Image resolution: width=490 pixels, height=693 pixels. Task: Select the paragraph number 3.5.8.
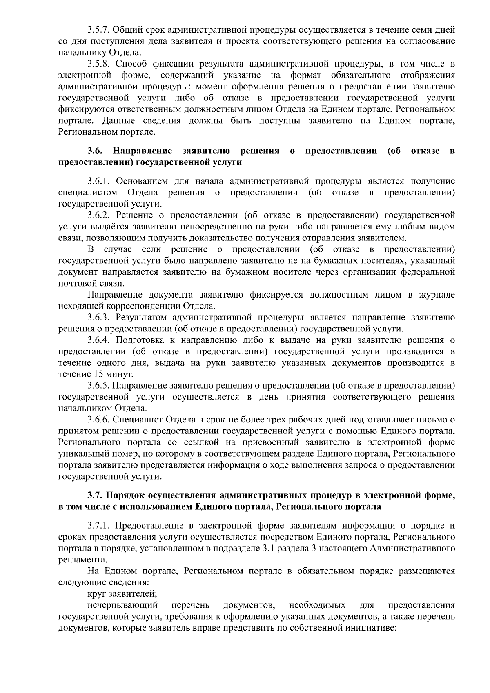tap(98, 64)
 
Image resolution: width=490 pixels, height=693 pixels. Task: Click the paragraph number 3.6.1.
tap(98, 181)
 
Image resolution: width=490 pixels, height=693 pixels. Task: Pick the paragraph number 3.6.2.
tap(98, 215)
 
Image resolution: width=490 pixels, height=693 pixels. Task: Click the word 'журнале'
tap(438, 295)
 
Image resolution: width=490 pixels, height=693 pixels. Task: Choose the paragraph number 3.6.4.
tap(98, 340)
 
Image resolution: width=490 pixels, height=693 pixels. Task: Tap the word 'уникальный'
tap(80, 454)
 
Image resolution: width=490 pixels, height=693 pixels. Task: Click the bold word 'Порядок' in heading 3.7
tap(125, 496)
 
